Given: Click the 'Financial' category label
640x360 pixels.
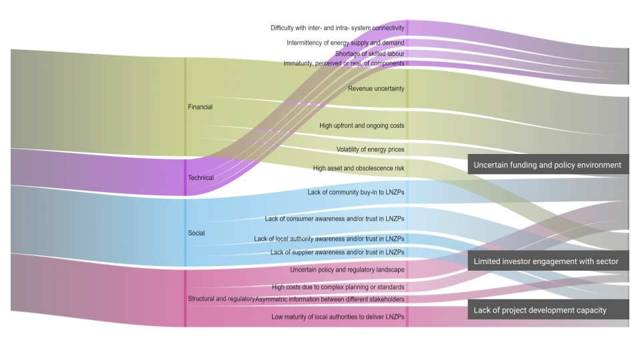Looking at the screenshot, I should (200, 107).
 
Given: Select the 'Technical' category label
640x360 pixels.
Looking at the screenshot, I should (201, 178).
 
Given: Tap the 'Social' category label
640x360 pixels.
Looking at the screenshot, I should (196, 233).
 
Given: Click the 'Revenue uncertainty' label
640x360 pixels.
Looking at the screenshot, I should (376, 89).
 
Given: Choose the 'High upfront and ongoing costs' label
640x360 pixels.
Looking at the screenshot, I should (361, 125).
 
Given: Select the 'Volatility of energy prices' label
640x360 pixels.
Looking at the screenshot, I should (370, 149).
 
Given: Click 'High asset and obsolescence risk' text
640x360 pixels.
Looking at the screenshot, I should (358, 168).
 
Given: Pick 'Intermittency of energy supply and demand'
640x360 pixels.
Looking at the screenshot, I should (345, 43).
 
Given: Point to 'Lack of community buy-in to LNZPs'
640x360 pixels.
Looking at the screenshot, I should (355, 192).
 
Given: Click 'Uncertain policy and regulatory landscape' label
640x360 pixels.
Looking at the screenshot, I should (347, 270).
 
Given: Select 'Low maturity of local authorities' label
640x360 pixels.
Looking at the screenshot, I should (337, 317).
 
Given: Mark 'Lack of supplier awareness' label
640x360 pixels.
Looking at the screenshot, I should (337, 252).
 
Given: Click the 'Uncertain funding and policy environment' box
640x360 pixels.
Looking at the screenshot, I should (547, 165).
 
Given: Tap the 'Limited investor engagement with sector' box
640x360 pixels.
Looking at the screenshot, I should (546, 261).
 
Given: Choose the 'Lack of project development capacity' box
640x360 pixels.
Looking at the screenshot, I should (540, 309).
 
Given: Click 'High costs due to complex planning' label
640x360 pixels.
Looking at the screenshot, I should (338, 287).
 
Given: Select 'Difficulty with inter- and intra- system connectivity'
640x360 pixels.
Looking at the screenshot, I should (337, 28).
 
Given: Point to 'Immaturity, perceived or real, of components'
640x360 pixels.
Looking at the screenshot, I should (343, 63).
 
